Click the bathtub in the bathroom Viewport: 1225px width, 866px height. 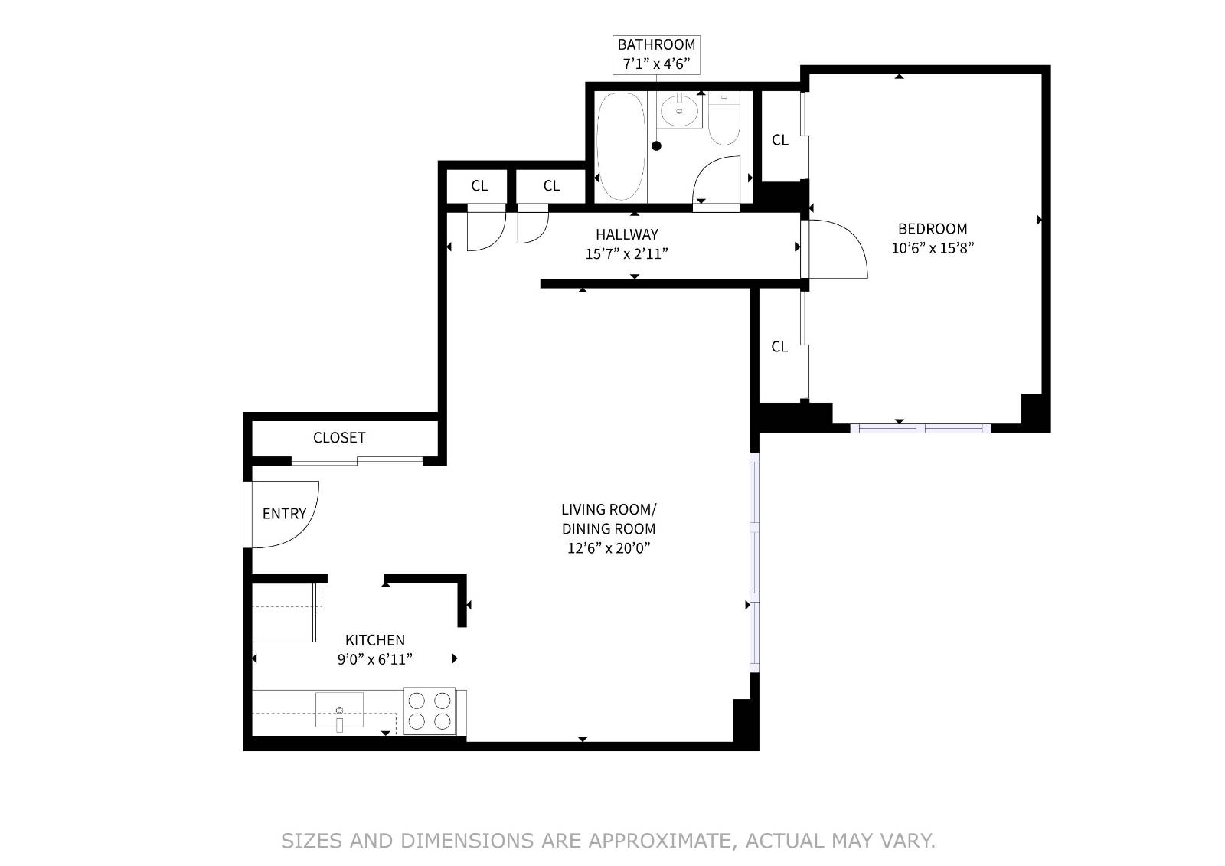point(621,146)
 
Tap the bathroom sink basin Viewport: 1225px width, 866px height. point(678,112)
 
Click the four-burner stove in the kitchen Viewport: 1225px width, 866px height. point(430,711)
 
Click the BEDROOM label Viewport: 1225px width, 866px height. point(932,228)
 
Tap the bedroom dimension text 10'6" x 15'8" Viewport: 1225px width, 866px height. point(932,248)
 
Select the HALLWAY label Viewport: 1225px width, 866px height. point(627,234)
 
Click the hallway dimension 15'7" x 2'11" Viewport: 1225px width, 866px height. point(627,253)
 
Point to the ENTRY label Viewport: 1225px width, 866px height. point(284,514)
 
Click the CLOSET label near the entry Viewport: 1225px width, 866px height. point(339,437)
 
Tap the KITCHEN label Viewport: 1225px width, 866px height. point(375,640)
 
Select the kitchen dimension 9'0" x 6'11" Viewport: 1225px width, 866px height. point(375,659)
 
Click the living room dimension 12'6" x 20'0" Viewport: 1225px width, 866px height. point(609,547)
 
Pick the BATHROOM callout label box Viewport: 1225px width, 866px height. point(656,54)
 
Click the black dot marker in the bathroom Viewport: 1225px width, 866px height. point(656,145)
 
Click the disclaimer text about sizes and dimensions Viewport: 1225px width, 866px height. point(608,841)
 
